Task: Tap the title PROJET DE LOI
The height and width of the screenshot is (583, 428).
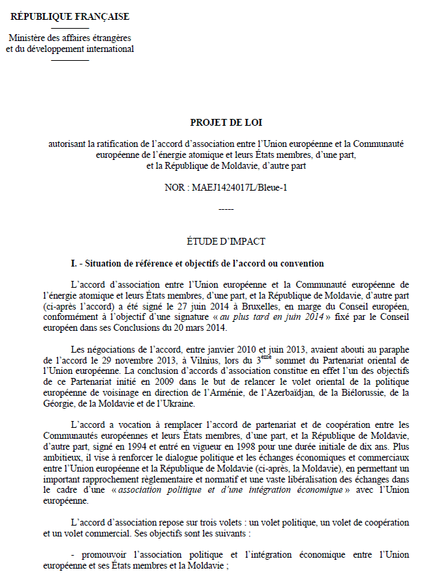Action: pyautogui.click(x=225, y=122)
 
